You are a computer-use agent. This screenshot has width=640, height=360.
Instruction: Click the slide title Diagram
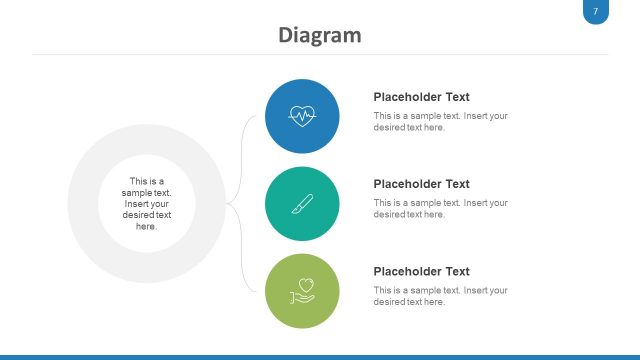click(x=320, y=35)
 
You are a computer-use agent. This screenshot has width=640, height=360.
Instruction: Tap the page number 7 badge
click(x=595, y=11)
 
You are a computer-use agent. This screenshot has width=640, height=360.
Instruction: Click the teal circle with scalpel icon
click(x=302, y=204)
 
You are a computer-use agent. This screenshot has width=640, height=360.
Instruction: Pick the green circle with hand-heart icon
click(x=302, y=291)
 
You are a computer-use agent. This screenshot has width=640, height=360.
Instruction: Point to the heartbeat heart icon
click(x=302, y=115)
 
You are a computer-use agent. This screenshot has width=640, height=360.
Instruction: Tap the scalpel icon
click(x=302, y=204)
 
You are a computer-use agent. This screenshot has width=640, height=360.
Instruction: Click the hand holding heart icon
click(x=302, y=291)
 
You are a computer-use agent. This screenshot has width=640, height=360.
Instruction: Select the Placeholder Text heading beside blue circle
click(x=421, y=97)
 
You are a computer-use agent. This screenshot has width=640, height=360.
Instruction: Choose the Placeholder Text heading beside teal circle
click(x=421, y=184)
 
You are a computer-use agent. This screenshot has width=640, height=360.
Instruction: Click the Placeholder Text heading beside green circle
click(x=421, y=271)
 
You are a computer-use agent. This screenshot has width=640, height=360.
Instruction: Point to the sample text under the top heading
click(x=440, y=121)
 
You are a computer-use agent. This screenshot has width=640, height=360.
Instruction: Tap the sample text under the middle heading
click(x=440, y=208)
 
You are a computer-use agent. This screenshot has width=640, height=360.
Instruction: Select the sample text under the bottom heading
click(x=440, y=295)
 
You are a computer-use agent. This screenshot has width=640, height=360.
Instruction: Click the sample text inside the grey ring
click(x=147, y=204)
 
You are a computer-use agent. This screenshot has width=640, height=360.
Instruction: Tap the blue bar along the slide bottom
click(x=320, y=356)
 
